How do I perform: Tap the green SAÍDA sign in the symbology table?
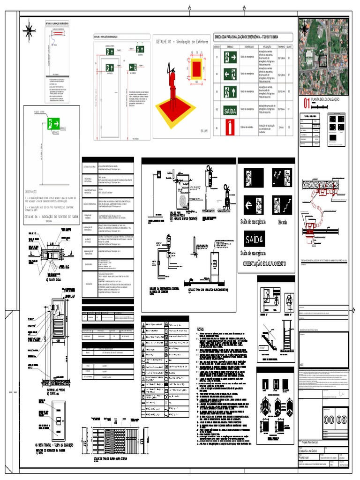pos(230,112)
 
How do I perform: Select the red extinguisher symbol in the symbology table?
pos(230,127)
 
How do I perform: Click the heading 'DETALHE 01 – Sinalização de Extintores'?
pos(182,42)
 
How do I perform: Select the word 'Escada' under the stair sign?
pos(285,222)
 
